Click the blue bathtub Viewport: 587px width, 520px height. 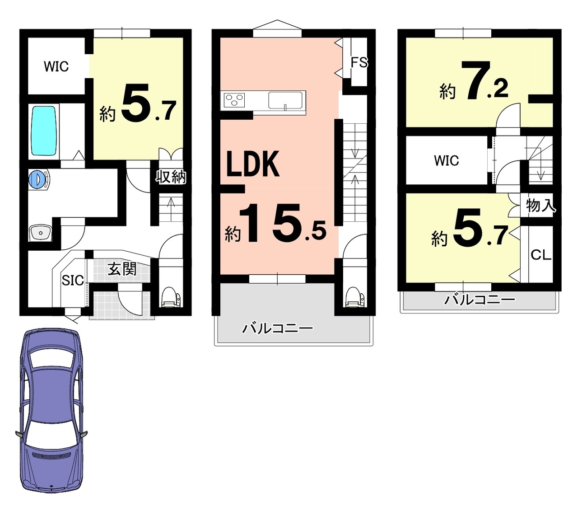43,131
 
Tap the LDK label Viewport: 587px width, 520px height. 253,164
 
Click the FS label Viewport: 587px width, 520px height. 359,62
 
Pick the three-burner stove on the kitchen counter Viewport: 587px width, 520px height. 234,100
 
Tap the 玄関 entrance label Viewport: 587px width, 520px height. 122,269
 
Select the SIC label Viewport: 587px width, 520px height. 73,280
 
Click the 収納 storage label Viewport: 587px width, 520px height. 171,177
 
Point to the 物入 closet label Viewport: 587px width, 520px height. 540,206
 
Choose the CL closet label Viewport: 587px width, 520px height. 540,255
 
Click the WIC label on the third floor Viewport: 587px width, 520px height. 447,160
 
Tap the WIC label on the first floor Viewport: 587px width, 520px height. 56,66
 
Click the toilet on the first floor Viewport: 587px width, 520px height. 171,296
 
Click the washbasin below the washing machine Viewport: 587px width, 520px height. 40,233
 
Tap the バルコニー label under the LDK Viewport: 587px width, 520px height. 278,329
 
